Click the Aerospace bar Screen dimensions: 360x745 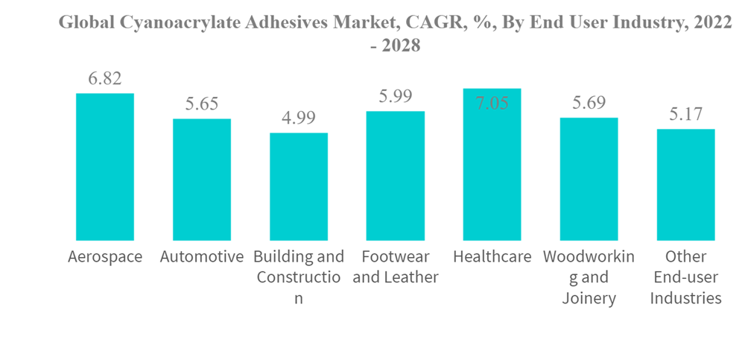coord(105,167)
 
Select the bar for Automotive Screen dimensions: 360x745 coord(202,180)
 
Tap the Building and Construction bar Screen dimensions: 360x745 coord(299,186)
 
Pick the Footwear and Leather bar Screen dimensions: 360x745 coord(396,176)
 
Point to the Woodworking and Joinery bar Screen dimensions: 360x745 coord(589,179)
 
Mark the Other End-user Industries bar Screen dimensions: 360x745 coord(685,185)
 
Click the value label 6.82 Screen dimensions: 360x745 coord(105,78)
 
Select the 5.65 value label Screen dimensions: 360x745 coord(202,104)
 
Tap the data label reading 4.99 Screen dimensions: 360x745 coord(299,119)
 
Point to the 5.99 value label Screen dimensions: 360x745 coord(396,96)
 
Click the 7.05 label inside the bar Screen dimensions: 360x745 coord(492,104)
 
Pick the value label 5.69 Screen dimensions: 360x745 coord(589,103)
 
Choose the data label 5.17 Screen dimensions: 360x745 coord(685,115)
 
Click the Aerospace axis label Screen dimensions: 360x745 coord(105,257)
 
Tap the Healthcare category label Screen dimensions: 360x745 coord(492,257)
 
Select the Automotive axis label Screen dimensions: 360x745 coord(202,257)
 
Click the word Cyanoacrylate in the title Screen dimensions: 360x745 coord(179,23)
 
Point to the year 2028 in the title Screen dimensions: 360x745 coord(401,45)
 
